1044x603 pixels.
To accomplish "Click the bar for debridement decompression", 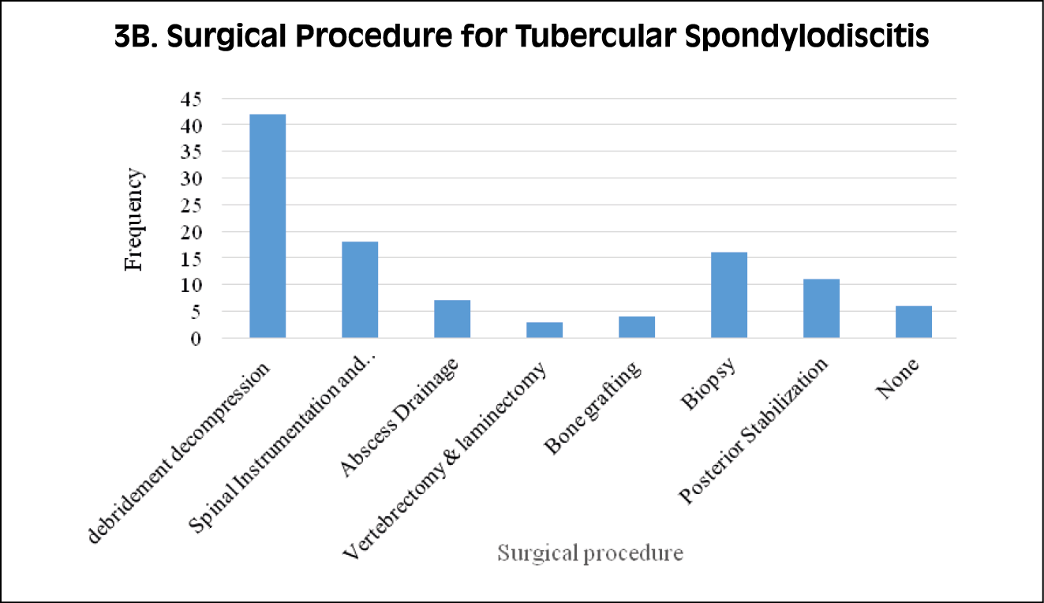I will [x=268, y=226].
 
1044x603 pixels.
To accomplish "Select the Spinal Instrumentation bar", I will [x=360, y=290].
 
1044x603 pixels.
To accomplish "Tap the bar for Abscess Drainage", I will [x=452, y=319].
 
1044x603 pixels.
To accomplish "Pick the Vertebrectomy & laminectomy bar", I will [x=544, y=330].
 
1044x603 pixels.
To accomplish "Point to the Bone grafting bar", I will [x=637, y=327].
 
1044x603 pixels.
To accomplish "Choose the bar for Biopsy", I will [x=729, y=295].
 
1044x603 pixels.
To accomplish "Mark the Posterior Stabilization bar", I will [x=821, y=309].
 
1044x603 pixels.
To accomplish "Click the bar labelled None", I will [x=914, y=322].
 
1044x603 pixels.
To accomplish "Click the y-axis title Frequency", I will [x=135, y=219].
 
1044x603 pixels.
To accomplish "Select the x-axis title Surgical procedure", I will [x=589, y=553].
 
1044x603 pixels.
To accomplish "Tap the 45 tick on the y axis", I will [x=191, y=99].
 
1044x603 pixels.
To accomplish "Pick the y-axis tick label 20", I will [x=191, y=232].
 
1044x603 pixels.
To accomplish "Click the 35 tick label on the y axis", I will [x=191, y=152].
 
